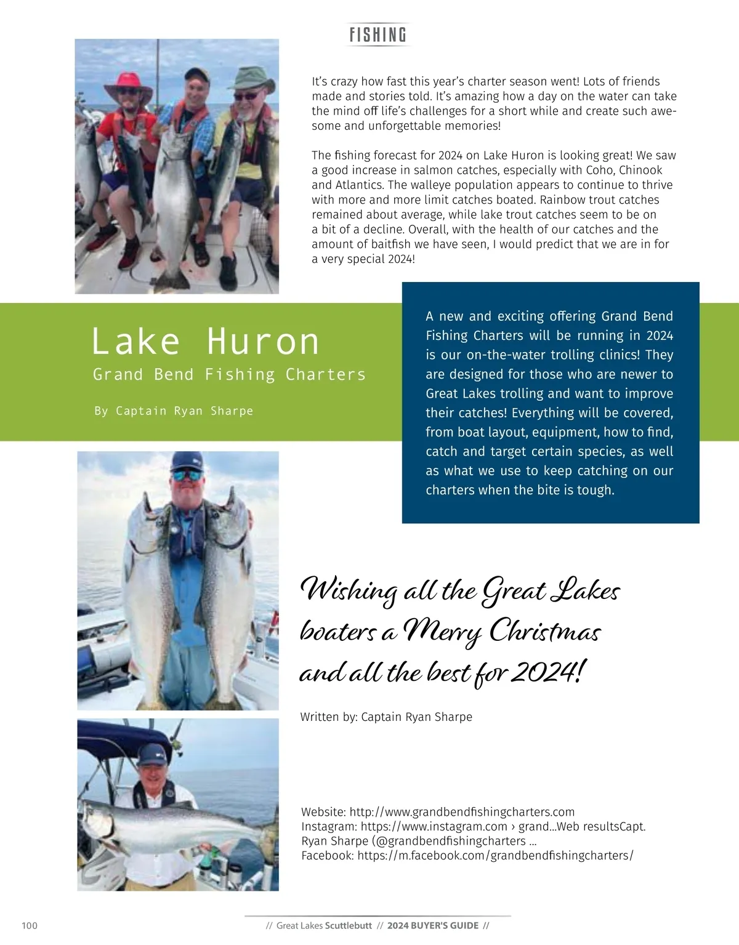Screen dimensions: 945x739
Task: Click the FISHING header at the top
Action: (x=378, y=34)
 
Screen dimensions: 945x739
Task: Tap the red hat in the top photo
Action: (x=128, y=84)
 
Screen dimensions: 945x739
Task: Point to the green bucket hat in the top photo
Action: (x=253, y=78)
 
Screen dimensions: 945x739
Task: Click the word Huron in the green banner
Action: (x=263, y=342)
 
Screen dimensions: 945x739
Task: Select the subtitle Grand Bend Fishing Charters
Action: (x=229, y=374)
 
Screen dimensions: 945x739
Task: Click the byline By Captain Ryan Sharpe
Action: (x=174, y=411)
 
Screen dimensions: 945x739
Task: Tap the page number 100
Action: (x=30, y=925)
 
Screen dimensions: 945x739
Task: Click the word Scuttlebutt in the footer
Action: (x=349, y=925)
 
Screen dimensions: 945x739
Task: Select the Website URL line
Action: (x=438, y=811)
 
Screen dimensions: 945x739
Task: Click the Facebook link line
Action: (x=467, y=855)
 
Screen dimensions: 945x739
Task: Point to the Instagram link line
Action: (x=473, y=826)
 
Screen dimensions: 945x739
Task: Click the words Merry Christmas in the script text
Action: (x=502, y=632)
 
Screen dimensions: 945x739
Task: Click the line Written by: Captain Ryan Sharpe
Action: (x=386, y=717)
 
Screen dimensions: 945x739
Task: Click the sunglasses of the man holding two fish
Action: (x=187, y=475)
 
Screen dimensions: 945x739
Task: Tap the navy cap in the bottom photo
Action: (x=152, y=754)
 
